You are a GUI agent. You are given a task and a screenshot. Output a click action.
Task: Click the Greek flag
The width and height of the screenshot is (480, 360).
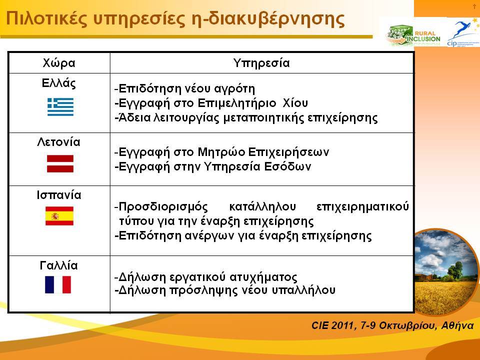coord(60,107)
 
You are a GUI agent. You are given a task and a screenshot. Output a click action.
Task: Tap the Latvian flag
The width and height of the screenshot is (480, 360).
coord(60,164)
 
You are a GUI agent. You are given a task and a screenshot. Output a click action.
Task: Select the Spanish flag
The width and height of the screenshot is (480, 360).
coord(59,216)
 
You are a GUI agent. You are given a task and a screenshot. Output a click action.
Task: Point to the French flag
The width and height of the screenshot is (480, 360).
coord(58,284)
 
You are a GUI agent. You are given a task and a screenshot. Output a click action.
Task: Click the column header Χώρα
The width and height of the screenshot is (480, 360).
coord(59,63)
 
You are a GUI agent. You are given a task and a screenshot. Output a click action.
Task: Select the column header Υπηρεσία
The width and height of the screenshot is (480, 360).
coord(261,63)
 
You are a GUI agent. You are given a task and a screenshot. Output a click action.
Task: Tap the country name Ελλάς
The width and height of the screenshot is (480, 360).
coord(59,83)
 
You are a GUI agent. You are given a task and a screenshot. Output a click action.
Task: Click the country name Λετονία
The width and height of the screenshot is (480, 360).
coord(59,142)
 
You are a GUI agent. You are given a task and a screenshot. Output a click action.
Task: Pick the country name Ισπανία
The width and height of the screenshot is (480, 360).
coord(59,195)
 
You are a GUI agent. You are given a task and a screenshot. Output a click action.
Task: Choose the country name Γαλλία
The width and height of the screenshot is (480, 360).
coord(59,265)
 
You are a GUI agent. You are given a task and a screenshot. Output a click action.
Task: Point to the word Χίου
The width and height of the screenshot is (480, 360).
coord(295,103)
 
